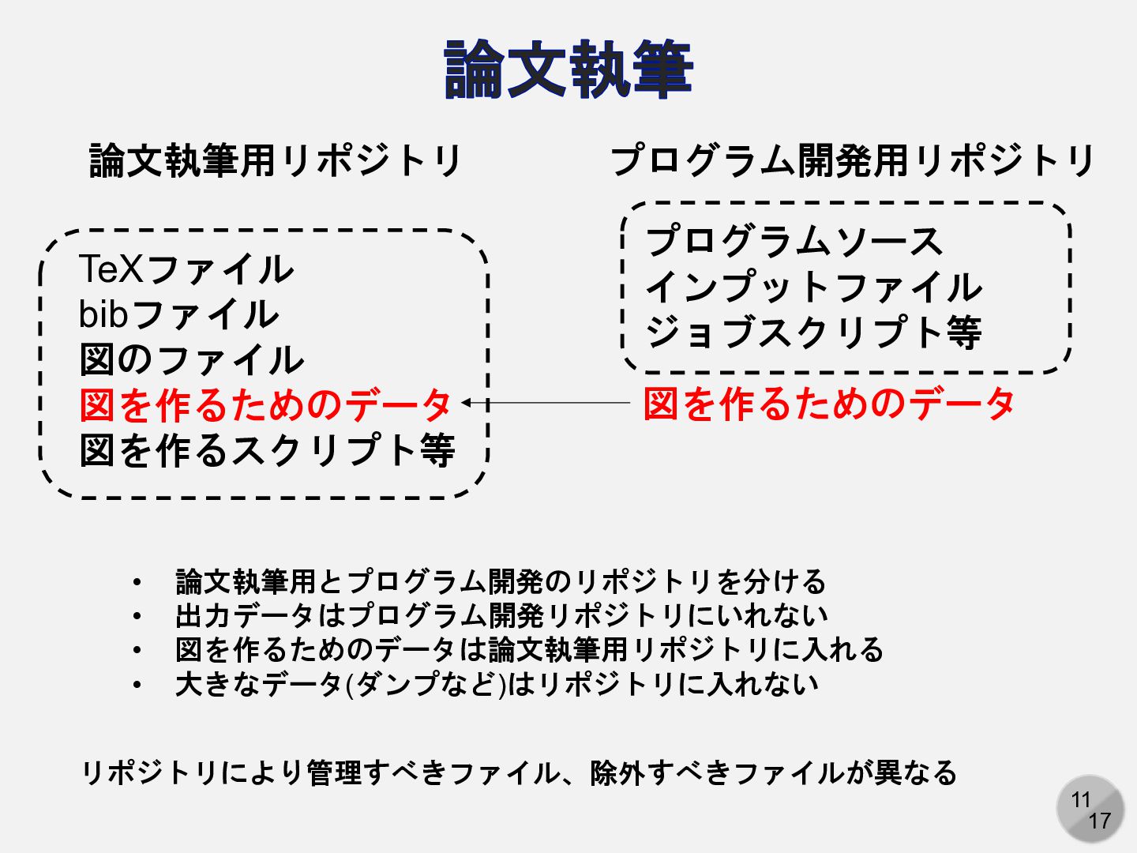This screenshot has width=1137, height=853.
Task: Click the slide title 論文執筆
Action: [x=568, y=70]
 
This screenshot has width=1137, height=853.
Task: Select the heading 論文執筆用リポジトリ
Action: [x=276, y=160]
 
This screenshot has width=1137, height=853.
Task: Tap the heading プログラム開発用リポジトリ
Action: [x=852, y=160]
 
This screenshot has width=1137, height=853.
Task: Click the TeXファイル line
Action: [x=186, y=269]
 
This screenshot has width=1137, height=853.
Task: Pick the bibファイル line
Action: [x=179, y=314]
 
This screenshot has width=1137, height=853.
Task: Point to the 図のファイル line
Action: [x=192, y=359]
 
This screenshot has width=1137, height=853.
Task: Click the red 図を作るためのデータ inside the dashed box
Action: [x=265, y=404]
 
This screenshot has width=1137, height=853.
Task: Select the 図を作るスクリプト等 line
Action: [x=267, y=450]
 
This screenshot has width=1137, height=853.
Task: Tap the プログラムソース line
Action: [x=794, y=241]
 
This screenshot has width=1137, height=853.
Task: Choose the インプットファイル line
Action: [x=814, y=287]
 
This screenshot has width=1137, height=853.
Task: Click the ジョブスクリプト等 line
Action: [x=814, y=332]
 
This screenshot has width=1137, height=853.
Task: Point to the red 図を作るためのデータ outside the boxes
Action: [x=829, y=404]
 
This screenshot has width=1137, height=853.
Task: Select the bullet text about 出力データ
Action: [x=501, y=615]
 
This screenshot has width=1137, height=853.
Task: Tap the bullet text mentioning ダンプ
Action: [x=497, y=684]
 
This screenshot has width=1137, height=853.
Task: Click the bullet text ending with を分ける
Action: [x=501, y=581]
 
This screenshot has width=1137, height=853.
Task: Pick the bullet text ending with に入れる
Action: [x=529, y=649]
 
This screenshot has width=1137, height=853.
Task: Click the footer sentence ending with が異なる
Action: [x=520, y=772]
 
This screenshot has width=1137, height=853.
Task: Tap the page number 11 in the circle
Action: [x=1081, y=800]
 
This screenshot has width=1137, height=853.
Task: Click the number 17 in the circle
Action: [x=1099, y=821]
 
